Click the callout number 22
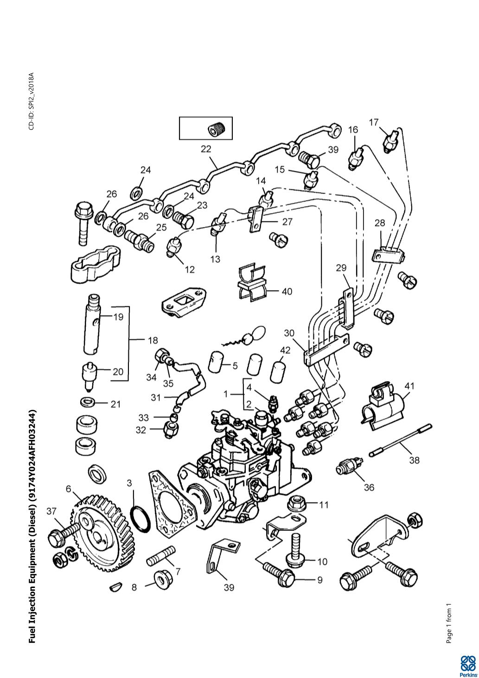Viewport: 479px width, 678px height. (205, 149)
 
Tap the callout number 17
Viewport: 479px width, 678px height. (374, 122)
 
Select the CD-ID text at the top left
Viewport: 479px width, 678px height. (32, 101)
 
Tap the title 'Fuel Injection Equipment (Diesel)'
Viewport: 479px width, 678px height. (32, 526)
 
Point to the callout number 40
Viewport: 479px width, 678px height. (287, 292)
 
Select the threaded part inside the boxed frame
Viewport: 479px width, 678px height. (216, 128)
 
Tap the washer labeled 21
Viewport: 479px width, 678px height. (87, 400)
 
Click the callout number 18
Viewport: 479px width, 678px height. (153, 340)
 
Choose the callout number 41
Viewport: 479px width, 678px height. (409, 386)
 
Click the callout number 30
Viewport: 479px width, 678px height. (289, 333)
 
